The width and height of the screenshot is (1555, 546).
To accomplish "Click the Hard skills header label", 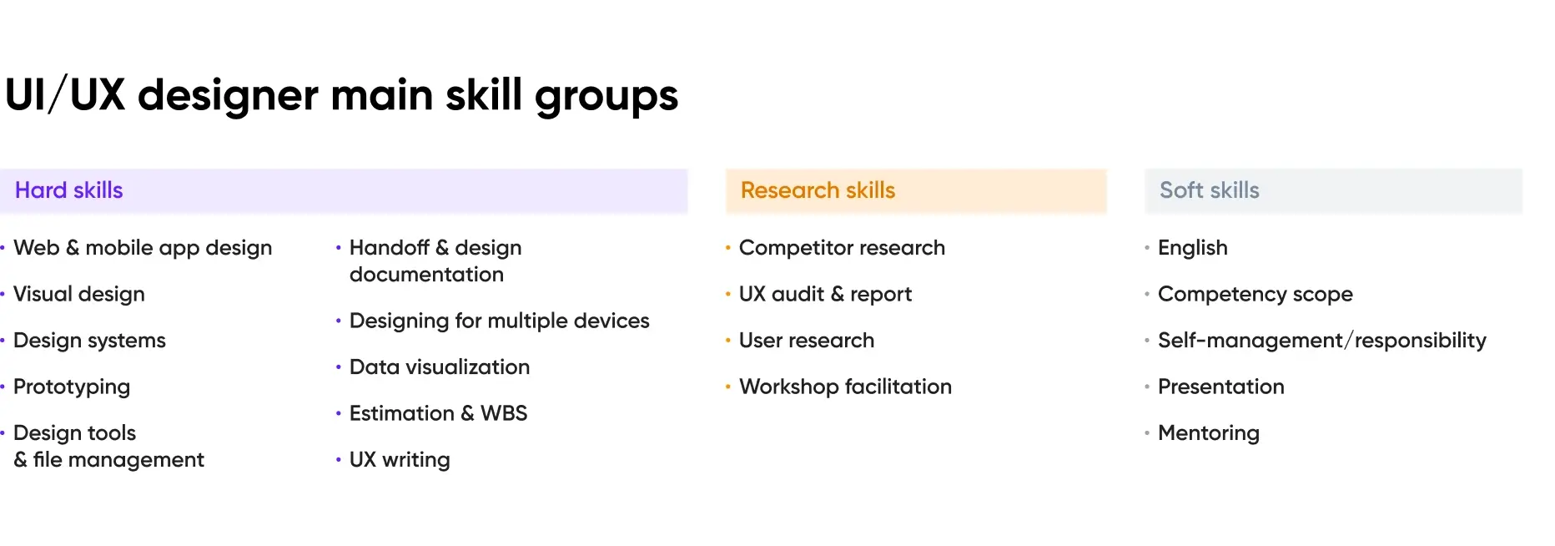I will point(68,190).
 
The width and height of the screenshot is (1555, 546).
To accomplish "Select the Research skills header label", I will point(818,190).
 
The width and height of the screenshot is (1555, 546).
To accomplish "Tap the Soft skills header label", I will point(1209,190).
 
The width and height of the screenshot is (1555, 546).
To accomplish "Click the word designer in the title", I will point(228,95).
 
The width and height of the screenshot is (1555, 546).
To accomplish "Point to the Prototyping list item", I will point(72,387).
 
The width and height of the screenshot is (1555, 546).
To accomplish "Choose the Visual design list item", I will point(79,294).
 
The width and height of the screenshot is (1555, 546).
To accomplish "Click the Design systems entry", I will point(89,341).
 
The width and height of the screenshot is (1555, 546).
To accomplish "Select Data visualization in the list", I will point(440,367).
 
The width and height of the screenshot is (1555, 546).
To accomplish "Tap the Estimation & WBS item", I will point(438,413).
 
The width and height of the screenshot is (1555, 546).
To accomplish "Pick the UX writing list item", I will point(400,460).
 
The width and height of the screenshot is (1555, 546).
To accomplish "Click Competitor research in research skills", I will point(842,248).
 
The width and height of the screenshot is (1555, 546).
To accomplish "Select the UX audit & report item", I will point(825,294).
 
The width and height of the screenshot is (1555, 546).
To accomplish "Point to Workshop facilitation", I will point(845,387).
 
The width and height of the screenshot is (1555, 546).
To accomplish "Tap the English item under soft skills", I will point(1192,248).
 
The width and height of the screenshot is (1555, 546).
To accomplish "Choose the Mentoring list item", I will point(1208,433).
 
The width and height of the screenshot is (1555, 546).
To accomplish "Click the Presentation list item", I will point(1220,387).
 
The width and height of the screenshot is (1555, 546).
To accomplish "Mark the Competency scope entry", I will point(1255,294).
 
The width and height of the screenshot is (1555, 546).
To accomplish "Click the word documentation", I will point(426,275).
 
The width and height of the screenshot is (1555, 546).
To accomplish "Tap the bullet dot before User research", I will point(728,341).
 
